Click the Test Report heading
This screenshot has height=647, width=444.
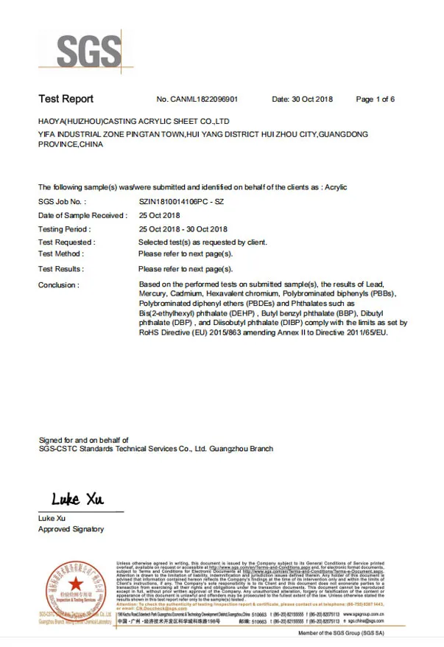pyautogui.click(x=66, y=99)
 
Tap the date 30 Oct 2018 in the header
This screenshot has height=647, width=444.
pyautogui.click(x=313, y=99)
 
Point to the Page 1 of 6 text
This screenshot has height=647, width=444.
pyautogui.click(x=376, y=99)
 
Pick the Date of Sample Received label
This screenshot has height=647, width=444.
pyautogui.click(x=82, y=215)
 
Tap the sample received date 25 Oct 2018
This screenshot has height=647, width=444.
pyautogui.click(x=159, y=215)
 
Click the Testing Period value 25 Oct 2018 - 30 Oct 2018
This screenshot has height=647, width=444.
pyautogui.click(x=183, y=229)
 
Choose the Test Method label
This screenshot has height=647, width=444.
pyautogui.click(x=60, y=253)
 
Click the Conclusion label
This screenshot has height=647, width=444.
pyautogui.click(x=58, y=284)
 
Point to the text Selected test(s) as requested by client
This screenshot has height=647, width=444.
pyautogui.click(x=202, y=242)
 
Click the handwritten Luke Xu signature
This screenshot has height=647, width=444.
pyautogui.click(x=77, y=500)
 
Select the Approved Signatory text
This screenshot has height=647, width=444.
pyautogui.click(x=71, y=529)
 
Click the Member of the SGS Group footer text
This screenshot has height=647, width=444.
pyautogui.click(x=340, y=633)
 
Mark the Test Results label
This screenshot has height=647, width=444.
pyautogui.click(x=60, y=269)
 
